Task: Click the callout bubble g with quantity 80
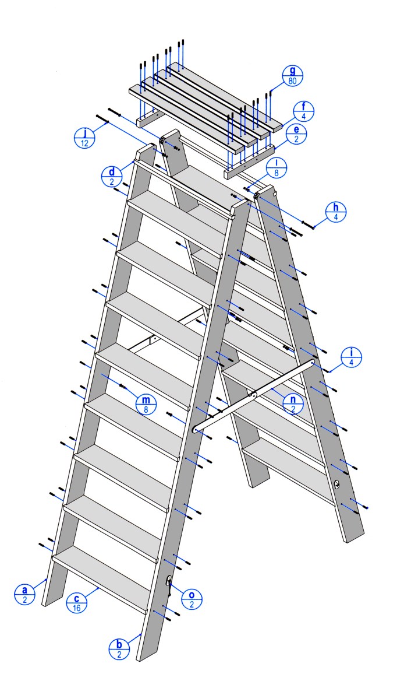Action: (x=293, y=76)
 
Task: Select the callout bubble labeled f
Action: (x=304, y=111)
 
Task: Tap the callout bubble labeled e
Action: (x=296, y=134)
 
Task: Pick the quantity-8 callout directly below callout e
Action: (x=277, y=167)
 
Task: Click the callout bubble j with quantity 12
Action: (x=84, y=138)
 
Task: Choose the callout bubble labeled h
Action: (x=336, y=212)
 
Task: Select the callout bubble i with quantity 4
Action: (x=352, y=357)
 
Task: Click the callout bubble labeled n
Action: (x=293, y=404)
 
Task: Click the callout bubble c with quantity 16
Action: (x=77, y=603)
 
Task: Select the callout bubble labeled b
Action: (x=120, y=648)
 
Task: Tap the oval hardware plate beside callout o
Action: (x=169, y=581)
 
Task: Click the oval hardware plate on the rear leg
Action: (x=336, y=485)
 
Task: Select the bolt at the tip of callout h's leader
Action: (x=309, y=226)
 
